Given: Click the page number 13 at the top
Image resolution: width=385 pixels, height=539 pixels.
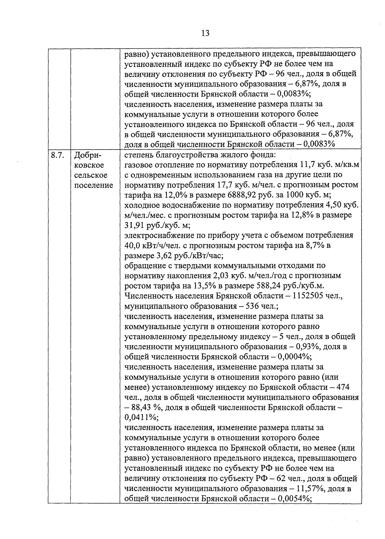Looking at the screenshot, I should (205, 33).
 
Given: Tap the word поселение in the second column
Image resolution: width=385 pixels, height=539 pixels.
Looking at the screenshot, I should (94, 185).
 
